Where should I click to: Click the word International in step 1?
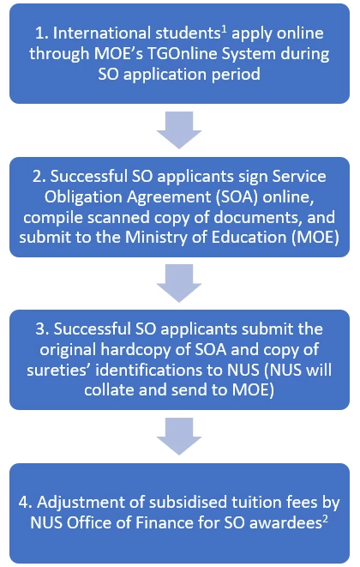click(x=101, y=33)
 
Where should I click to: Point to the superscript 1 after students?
click(x=224, y=30)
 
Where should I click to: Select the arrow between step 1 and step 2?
click(x=179, y=130)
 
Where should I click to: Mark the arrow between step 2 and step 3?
click(x=179, y=283)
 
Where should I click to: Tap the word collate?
click(x=109, y=390)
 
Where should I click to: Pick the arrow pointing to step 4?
click(x=179, y=437)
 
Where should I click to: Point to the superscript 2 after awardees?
click(x=325, y=519)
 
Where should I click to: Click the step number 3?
click(x=39, y=329)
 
